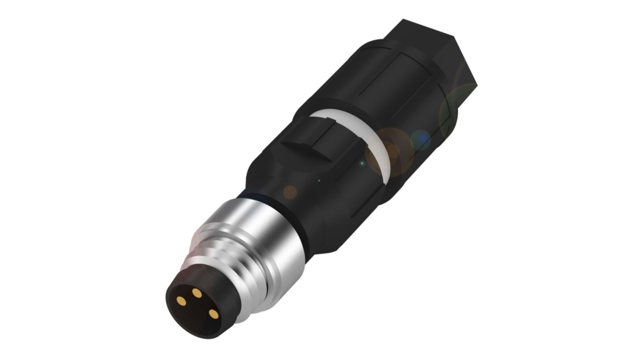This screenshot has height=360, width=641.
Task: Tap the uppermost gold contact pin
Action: [x=197, y=293]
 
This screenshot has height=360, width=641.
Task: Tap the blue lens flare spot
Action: [x=421, y=139]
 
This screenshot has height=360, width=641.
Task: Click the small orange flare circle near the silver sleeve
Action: [x=290, y=192]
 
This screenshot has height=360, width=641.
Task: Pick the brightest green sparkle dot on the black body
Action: [x=362, y=163]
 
